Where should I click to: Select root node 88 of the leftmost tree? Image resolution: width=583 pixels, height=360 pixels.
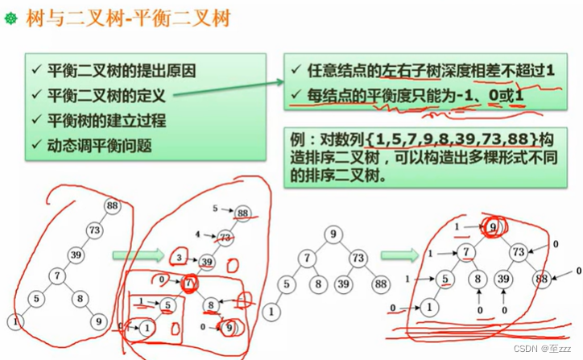click(111, 206)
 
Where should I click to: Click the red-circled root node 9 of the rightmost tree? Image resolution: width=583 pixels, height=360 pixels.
click(490, 228)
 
